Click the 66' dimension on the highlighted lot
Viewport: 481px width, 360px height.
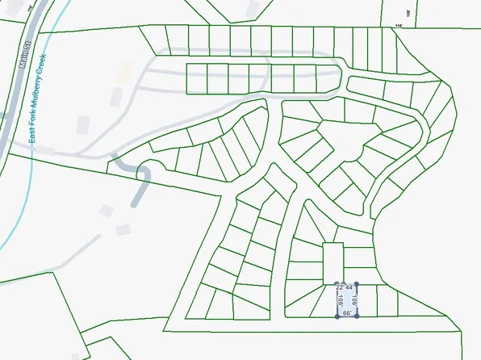(347, 312)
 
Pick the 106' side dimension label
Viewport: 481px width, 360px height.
(354, 300)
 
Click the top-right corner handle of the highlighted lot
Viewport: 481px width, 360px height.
(356, 283)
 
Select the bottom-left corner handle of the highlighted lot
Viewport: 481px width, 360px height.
(337, 316)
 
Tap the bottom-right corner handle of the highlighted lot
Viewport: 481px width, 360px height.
(356, 316)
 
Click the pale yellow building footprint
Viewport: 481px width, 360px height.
(123, 71)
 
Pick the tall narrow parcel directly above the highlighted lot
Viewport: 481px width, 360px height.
(333, 262)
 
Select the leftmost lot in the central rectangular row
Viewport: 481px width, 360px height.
(197, 78)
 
